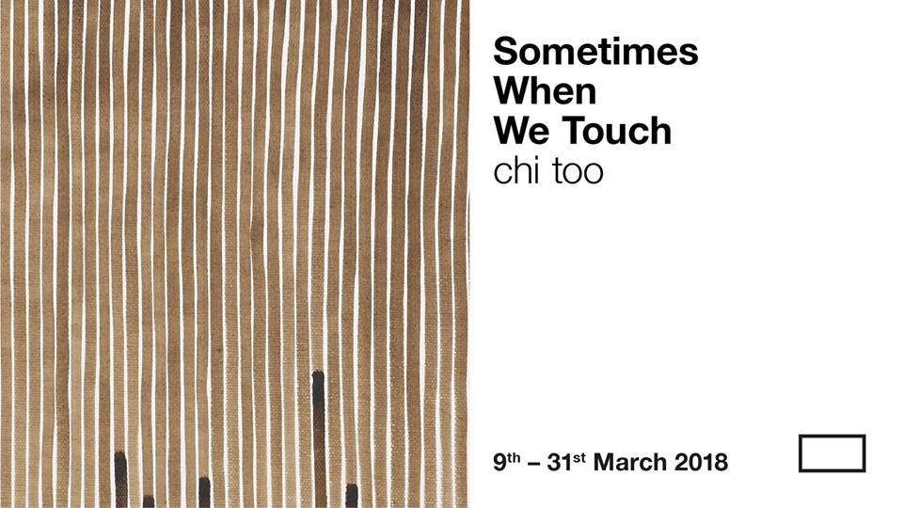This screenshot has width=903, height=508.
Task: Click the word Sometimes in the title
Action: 595,51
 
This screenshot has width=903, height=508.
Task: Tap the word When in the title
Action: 545,90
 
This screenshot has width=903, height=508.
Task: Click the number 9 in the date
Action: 499,463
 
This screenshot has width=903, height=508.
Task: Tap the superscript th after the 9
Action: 514,458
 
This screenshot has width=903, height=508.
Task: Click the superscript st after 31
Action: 579,458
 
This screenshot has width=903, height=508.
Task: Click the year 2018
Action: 702,463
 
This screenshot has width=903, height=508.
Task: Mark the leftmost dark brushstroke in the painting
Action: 120,479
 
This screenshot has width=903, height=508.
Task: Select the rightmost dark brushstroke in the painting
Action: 351,496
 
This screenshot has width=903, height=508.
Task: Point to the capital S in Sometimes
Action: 506,51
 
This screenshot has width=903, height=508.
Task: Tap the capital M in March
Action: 604,463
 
